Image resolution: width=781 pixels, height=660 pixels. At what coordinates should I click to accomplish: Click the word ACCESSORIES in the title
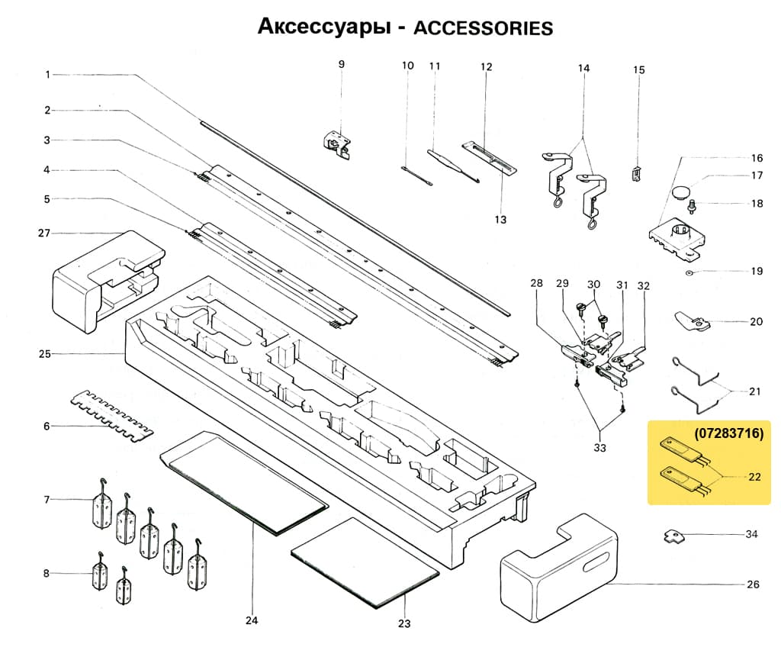tap(482, 28)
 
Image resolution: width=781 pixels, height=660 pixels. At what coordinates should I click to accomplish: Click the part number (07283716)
tap(728, 433)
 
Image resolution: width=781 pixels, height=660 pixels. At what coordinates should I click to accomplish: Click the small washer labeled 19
tap(689, 272)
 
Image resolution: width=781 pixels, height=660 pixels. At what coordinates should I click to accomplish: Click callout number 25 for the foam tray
tap(45, 354)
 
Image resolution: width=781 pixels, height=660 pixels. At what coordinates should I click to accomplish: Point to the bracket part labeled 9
tap(336, 142)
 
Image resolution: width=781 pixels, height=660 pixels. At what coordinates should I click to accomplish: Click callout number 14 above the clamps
tap(583, 68)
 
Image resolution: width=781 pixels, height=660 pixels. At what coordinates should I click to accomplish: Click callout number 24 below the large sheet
tap(252, 620)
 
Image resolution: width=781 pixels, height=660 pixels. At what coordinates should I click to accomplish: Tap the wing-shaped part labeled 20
tap(691, 321)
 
